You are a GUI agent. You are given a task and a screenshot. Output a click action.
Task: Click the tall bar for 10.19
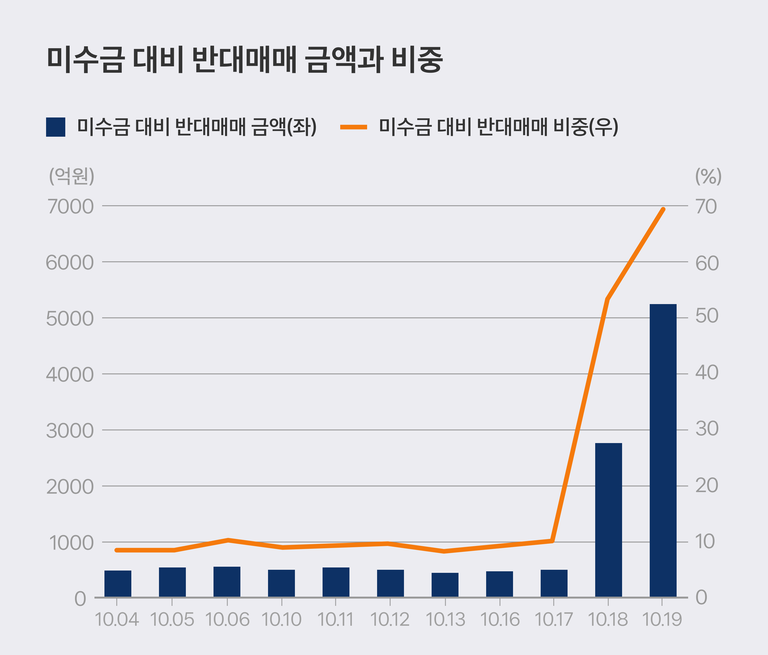tap(663, 450)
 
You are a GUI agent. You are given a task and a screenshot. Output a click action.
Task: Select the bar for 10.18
tap(608, 520)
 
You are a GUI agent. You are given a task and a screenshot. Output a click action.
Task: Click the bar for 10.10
tap(281, 583)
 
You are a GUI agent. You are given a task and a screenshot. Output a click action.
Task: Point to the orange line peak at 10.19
tap(663, 209)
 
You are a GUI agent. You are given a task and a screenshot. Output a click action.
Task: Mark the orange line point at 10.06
tap(228, 540)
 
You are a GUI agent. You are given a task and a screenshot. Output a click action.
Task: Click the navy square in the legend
tap(56, 127)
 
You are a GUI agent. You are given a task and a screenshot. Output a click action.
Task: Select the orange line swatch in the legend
tap(353, 127)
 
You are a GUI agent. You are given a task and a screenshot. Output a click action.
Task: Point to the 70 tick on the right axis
tap(706, 207)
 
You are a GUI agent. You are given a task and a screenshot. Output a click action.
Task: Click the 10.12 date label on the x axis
tap(390, 619)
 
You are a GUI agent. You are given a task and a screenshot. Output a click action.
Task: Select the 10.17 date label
tap(553, 619)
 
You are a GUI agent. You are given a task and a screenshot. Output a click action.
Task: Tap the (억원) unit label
tap(71, 176)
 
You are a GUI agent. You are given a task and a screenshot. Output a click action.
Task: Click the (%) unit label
tap(708, 176)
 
